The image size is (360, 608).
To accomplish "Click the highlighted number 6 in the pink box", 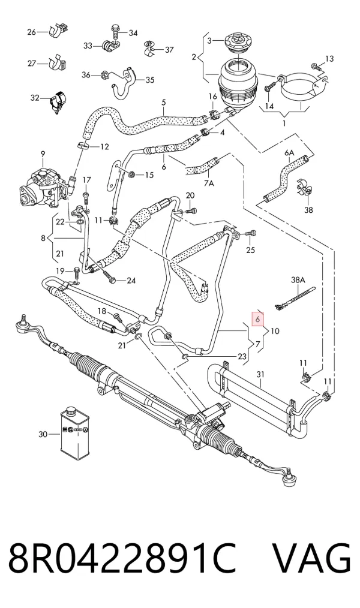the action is pos(258,319).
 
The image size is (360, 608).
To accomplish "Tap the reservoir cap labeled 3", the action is pos(234,43).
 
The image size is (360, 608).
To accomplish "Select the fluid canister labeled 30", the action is pos(75,434).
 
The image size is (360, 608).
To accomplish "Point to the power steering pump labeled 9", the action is pos(42,186).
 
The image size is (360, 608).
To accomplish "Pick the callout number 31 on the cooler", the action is pos(260,374).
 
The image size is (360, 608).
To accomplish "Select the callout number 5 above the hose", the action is pos(164,103).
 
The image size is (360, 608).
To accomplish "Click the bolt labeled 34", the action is pos(115,31).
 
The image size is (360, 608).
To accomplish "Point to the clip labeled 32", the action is pos(58,101).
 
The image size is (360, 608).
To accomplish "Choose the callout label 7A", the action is pos(209,183).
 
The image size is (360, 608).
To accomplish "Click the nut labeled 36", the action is pos(103,75).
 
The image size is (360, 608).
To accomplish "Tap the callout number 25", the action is pos(251,250).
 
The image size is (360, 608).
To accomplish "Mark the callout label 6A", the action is pos(290,153).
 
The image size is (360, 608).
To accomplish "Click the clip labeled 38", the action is pos(307,188).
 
